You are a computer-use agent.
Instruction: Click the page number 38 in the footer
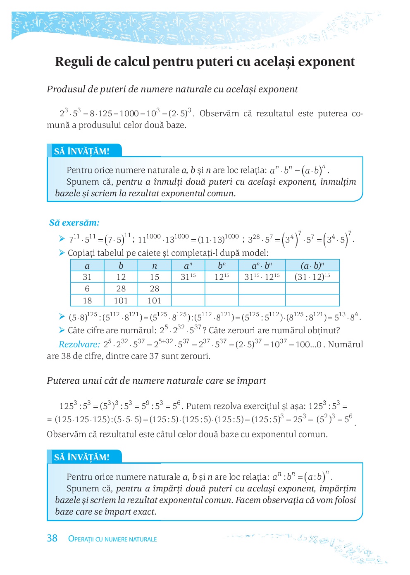coord(52,538)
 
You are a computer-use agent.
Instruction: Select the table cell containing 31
coord(87,277)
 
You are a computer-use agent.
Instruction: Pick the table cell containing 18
coord(87,301)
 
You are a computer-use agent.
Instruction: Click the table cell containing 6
coord(87,289)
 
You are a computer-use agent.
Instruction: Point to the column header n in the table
coord(155,265)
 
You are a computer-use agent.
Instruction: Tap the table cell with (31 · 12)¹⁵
coord(312,277)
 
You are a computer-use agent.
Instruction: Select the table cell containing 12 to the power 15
coord(222,277)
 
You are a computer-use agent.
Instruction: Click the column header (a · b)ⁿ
coord(312,265)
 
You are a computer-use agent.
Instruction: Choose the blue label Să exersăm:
coord(74,223)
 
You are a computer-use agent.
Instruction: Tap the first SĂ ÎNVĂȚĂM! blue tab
coord(82,151)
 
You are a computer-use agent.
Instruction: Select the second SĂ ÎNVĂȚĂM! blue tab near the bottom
coord(82,457)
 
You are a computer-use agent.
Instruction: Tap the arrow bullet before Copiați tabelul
coord(62,253)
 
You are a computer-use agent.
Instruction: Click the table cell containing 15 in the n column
coord(155,277)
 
